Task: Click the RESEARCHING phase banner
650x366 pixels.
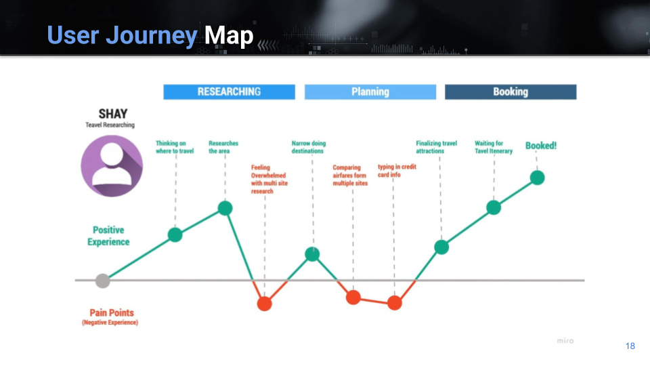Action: (230, 91)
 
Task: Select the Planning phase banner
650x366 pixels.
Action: (370, 91)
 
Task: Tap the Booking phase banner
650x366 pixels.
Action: (511, 91)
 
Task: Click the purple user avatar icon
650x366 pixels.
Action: (112, 166)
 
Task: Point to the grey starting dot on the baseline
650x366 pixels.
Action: (102, 281)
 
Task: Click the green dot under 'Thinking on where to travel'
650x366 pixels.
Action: (175, 235)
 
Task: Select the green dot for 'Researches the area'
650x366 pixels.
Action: (225, 208)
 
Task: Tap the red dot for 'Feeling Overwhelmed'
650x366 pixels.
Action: (265, 304)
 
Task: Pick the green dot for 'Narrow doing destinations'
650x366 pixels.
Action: (312, 254)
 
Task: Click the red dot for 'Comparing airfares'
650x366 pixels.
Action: (353, 297)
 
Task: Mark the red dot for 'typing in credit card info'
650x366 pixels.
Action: (395, 303)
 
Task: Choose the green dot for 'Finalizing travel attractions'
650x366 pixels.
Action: (441, 247)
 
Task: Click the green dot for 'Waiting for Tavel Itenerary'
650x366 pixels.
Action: (494, 207)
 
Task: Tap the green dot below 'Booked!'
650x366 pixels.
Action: (537, 178)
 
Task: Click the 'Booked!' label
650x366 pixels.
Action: (541, 146)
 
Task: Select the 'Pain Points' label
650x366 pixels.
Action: (112, 313)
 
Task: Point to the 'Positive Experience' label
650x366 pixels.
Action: (108, 236)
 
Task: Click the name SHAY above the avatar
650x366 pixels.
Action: (113, 114)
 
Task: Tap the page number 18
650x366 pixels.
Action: (630, 346)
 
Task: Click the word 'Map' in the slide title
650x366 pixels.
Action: (229, 35)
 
